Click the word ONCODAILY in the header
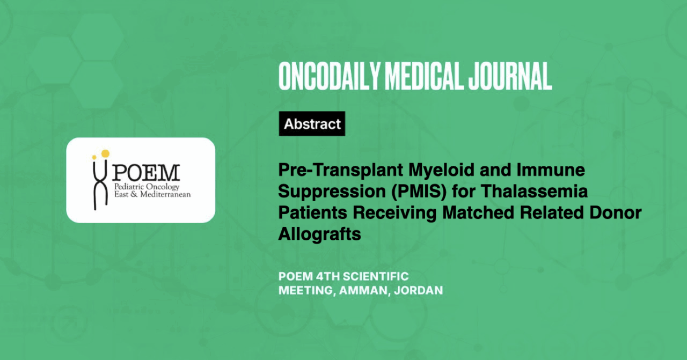point(330,76)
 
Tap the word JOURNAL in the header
point(510,76)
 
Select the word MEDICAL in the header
point(424,76)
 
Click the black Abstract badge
point(312,123)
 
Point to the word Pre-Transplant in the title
point(340,170)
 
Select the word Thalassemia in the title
point(534,191)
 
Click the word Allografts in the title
point(319,234)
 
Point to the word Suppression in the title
point(332,192)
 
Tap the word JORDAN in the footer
point(418,290)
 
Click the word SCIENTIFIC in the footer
point(376,277)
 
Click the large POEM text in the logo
point(145,173)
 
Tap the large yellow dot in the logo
point(105,153)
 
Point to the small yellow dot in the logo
point(94,157)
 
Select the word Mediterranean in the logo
point(165,194)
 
